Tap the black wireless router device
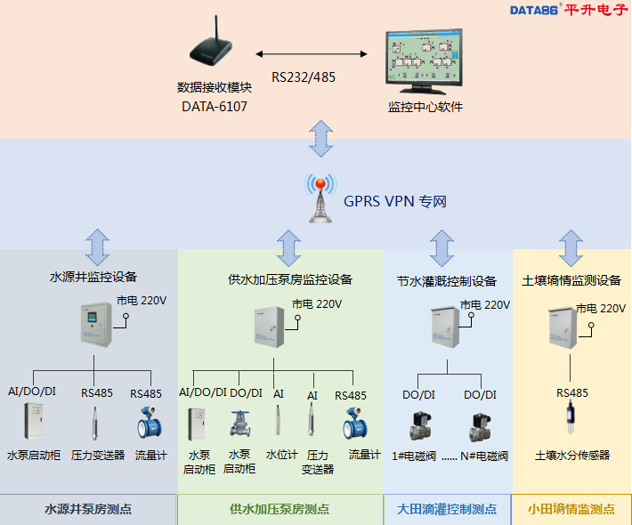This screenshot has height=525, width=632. pos(215,48)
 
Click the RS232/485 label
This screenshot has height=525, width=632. pos(304,77)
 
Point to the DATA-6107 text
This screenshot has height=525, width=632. pos(215,106)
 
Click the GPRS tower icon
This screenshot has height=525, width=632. pos(320,197)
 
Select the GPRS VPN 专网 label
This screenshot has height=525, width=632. pos(395,202)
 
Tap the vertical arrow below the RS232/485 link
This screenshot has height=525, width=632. pos(320,137)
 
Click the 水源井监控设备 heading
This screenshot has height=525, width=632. pos(93,277)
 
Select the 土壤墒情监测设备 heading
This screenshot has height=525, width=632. pos(571,280)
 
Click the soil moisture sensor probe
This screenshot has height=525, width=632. pos(571,418)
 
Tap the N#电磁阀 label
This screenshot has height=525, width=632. pos(484,456)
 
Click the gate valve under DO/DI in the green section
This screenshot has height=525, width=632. pos(242,424)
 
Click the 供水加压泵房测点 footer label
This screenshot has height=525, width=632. pos(280,510)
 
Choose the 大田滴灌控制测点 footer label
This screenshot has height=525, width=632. pos(447,510)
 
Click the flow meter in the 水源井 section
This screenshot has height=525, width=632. pos(150,424)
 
